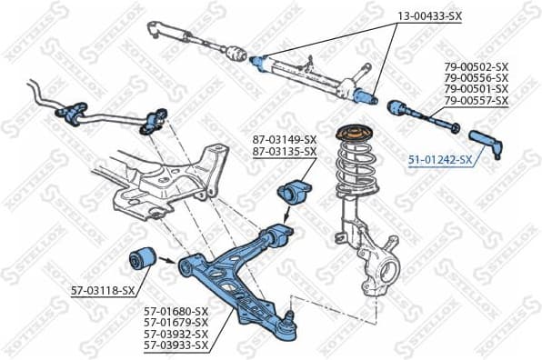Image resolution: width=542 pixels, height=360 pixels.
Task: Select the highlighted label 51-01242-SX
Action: (x=439, y=159)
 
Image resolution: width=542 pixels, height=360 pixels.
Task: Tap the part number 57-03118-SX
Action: (x=103, y=290)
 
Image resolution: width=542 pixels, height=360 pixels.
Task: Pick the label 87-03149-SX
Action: (x=285, y=139)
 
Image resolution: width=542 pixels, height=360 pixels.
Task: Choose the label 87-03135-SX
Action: (x=285, y=151)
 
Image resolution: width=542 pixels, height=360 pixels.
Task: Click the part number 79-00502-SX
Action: (x=476, y=66)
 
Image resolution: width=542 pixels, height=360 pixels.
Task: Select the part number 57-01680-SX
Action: (x=176, y=311)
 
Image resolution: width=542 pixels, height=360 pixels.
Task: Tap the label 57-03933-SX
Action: (x=176, y=345)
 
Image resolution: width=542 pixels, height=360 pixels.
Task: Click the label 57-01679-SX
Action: (x=176, y=322)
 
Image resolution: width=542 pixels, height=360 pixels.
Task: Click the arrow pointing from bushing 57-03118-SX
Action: (x=167, y=261)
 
